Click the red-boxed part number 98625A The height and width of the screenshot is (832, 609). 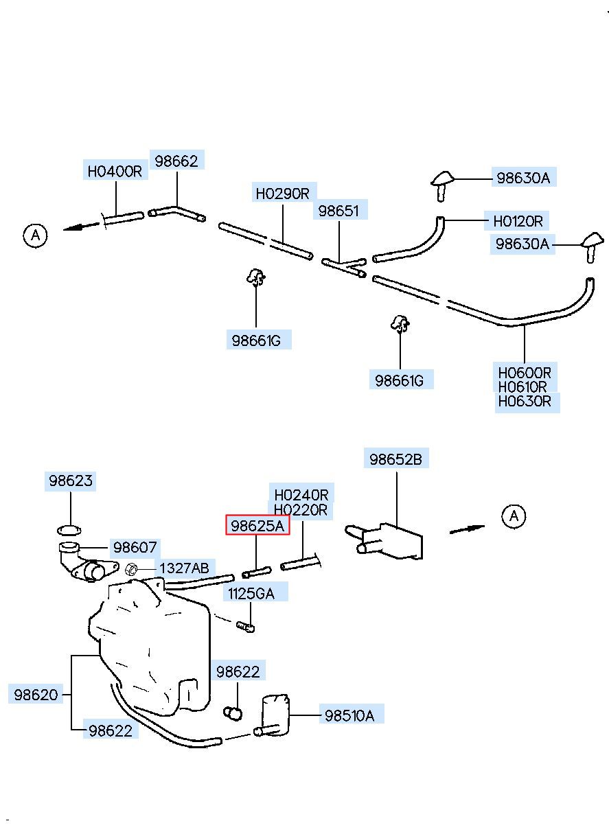click(257, 526)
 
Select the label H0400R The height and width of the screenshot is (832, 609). click(115, 172)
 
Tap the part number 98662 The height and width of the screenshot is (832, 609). click(176, 161)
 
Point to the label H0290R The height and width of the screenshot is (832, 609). click(283, 194)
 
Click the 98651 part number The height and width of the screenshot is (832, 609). click(339, 211)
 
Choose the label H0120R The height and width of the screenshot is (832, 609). click(518, 221)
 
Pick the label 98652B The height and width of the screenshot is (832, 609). click(395, 460)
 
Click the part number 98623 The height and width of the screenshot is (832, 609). click(71, 481)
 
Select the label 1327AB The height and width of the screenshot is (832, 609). click(184, 568)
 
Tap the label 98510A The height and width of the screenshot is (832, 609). click(349, 716)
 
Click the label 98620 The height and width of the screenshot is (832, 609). click(36, 695)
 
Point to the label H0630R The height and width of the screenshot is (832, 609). click(525, 402)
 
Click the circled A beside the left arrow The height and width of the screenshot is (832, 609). click(35, 235)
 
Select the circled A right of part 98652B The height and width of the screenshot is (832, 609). click(514, 516)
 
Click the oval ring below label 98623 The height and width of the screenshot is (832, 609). click(69, 531)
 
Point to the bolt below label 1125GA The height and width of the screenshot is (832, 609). click(245, 627)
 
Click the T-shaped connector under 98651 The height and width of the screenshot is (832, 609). click(344, 267)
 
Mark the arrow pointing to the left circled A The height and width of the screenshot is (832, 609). click(82, 227)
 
